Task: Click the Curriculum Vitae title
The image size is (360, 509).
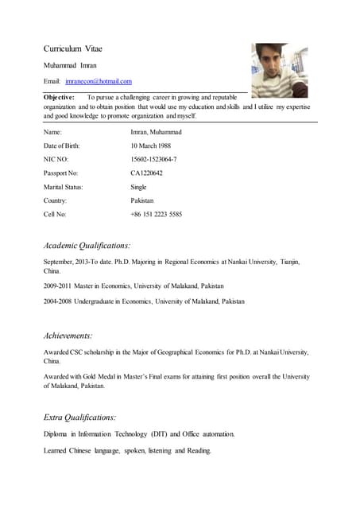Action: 72,49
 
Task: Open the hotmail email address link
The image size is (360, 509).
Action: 99,81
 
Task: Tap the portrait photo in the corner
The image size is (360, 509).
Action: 280,69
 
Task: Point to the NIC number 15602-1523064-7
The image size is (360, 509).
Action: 153,159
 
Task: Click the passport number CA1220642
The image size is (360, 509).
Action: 146,173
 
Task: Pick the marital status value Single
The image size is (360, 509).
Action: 138,187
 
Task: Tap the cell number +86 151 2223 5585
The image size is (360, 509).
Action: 156,214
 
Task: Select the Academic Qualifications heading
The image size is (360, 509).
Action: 87,246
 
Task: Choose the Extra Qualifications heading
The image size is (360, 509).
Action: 79,416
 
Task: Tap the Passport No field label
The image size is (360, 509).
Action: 60,173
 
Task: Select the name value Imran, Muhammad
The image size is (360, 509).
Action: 156,132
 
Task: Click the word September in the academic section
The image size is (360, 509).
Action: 60,261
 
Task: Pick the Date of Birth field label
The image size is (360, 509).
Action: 61,146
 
